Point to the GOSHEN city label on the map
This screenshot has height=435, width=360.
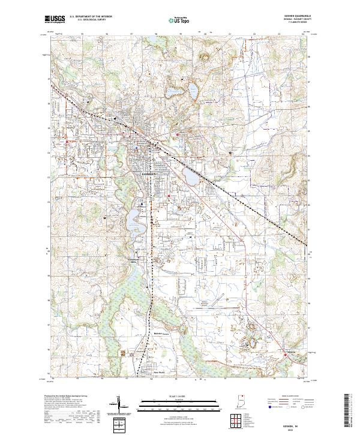coord(149,173)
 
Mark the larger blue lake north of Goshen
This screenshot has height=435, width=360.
coord(194,91)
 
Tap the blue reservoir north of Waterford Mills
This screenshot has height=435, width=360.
coord(133,221)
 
